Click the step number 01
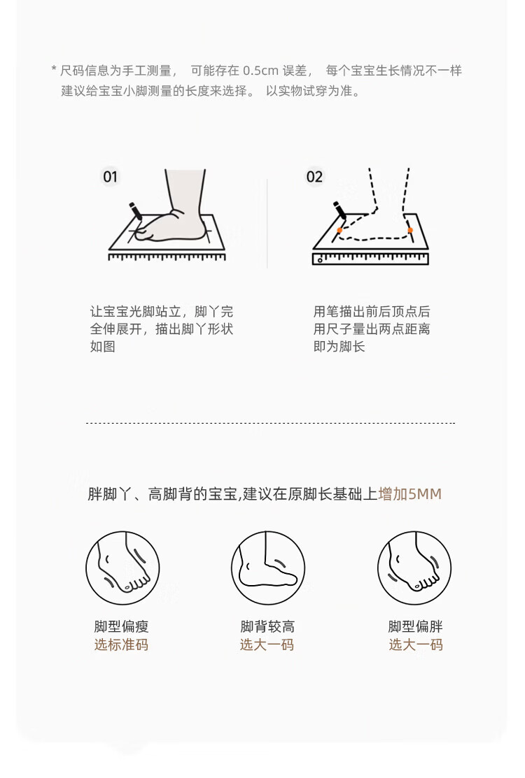[x=111, y=177]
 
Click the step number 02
[x=314, y=177]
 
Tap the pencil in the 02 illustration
[x=339, y=210]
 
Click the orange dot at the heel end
[x=410, y=230]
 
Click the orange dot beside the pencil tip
[x=339, y=230]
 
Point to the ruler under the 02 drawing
[x=370, y=259]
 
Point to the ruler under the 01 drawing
[x=167, y=257]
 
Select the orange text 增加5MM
[x=409, y=494]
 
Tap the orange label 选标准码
[x=121, y=644]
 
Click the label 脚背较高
[x=267, y=627]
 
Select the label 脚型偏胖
[x=415, y=627]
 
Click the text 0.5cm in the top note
[x=261, y=71]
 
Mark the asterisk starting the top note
[x=54, y=69]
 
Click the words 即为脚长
[x=339, y=346]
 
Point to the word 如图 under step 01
[x=103, y=346]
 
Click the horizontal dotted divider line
[x=270, y=423]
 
